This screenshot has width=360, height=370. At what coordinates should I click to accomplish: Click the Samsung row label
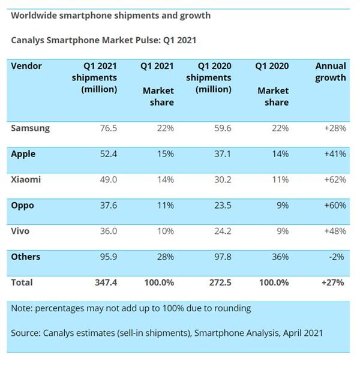30,128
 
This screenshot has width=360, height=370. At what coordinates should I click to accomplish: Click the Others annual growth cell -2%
337,257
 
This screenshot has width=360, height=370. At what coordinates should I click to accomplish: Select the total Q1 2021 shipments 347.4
104,282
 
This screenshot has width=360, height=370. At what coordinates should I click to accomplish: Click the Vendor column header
26,66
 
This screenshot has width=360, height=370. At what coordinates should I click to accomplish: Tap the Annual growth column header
331,72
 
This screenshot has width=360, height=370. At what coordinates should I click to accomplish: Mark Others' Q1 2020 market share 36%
279,257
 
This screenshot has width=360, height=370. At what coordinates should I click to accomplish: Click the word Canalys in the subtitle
28,41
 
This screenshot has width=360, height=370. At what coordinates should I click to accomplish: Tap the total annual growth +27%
333,282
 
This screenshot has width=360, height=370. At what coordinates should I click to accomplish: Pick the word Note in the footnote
22,309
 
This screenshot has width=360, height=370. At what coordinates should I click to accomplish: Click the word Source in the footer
26,332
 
